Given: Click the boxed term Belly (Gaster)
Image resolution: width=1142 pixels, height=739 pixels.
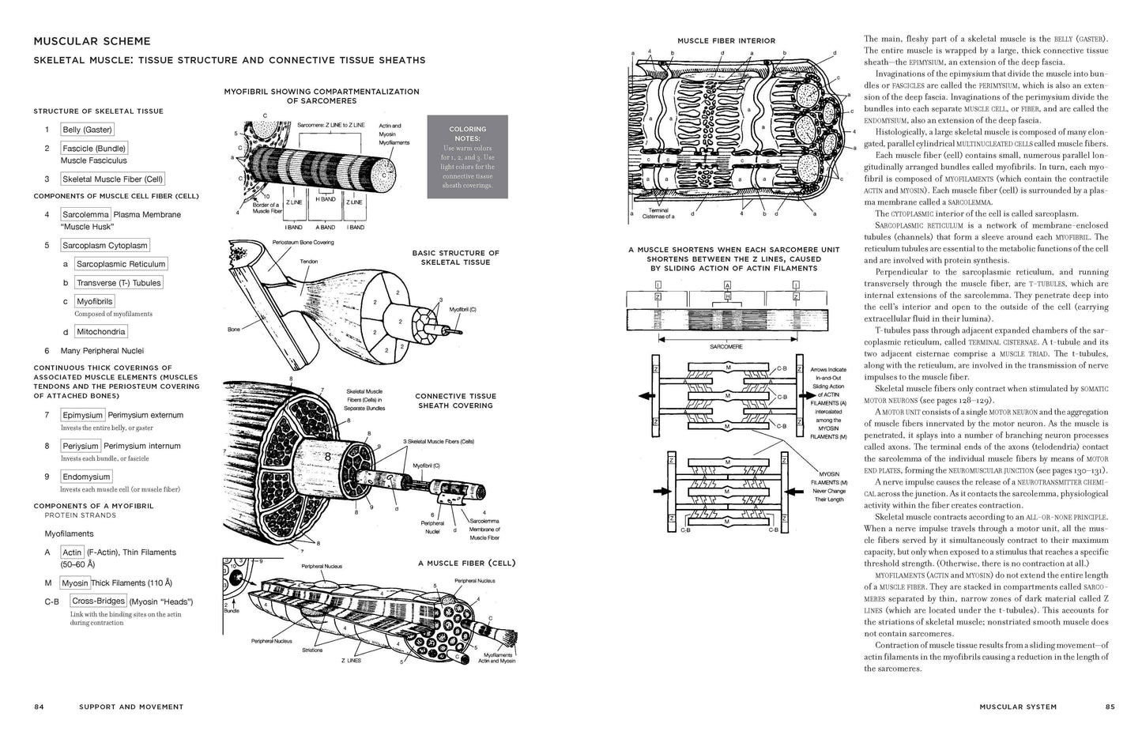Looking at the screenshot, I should point(87,130).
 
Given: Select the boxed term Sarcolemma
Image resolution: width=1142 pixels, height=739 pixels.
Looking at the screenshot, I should point(85,214).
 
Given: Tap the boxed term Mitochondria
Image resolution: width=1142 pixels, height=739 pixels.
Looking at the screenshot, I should point(101,332).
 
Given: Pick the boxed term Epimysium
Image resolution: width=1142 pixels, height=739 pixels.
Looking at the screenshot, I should point(83,415).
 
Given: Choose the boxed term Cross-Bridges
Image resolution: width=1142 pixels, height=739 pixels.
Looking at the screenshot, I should point(98,601).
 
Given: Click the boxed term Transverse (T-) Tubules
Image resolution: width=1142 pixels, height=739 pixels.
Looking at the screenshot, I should point(119,283).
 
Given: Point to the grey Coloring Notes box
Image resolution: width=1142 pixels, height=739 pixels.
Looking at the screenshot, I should point(467,156).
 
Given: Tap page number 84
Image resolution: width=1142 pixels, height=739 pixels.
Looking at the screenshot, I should point(39,707).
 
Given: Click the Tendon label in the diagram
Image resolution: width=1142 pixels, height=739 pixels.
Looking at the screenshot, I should point(309,261).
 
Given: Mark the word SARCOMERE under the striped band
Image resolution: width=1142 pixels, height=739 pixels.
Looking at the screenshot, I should point(726,346).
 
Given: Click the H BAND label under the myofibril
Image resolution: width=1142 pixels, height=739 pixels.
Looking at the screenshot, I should point(326,199).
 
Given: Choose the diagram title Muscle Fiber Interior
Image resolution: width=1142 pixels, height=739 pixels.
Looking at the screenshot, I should point(726,40).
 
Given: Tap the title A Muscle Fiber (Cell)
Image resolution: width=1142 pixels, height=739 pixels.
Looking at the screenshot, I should point(466,564).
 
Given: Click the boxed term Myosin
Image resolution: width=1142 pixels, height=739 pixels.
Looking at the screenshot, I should point(75,583).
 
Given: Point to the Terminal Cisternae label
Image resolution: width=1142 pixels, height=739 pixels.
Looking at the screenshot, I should point(658,213).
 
